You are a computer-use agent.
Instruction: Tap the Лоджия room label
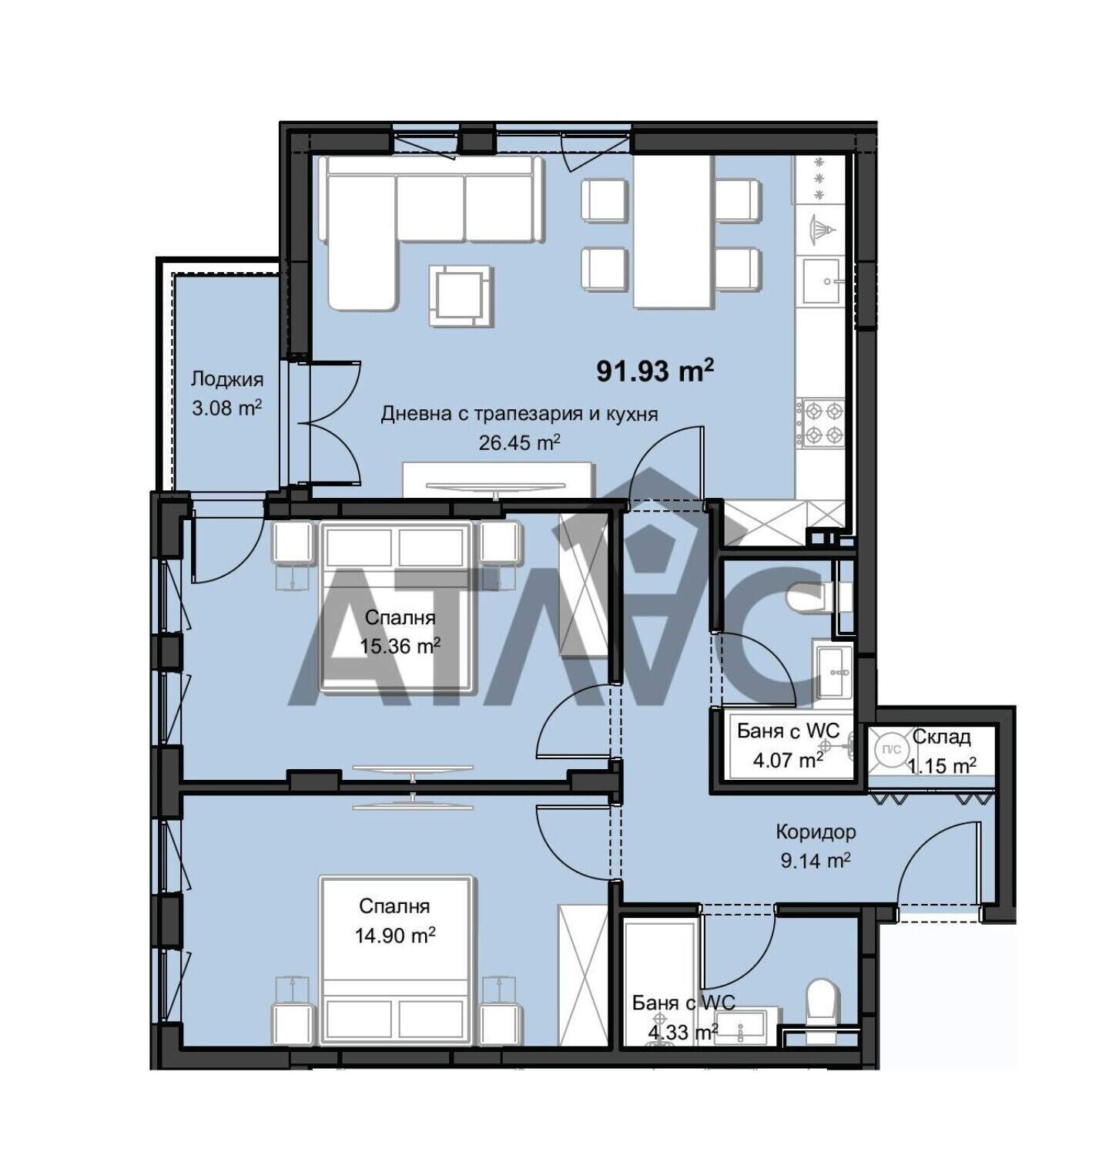point(227,379)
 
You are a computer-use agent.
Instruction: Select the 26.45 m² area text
point(521,442)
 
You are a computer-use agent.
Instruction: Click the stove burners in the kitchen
point(822,423)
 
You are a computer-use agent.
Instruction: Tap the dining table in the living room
point(672,231)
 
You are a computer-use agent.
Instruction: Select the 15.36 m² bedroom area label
point(400,646)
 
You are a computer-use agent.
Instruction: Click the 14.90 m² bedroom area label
point(395,936)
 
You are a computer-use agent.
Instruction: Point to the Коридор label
point(816,832)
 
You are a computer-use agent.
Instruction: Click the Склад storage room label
point(942,737)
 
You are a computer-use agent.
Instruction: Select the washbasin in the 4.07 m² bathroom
point(833,672)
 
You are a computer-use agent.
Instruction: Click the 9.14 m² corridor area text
point(816,861)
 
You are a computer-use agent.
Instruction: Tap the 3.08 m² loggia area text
point(227,408)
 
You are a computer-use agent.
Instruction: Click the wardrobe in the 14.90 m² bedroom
point(583,976)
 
